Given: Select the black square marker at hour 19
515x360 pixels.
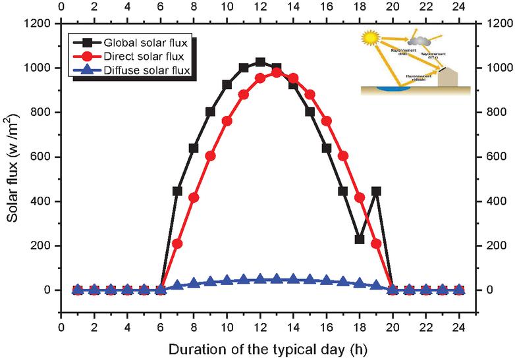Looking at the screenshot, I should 376,192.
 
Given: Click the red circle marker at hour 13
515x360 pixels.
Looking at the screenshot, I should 277,72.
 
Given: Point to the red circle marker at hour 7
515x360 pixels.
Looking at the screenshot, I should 177,244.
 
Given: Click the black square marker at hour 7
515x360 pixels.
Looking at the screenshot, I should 177,191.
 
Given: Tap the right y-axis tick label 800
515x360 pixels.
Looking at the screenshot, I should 493,112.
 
